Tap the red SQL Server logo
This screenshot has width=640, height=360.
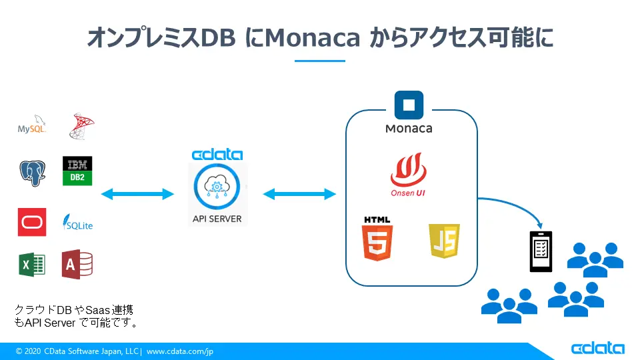pyautogui.click(x=81, y=126)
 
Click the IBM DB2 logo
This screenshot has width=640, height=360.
pyautogui.click(x=77, y=171)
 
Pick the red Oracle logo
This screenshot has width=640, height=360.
pyautogui.click(x=32, y=222)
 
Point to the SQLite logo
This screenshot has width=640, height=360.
pyautogui.click(x=77, y=223)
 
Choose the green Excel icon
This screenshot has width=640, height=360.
pyautogui.click(x=32, y=265)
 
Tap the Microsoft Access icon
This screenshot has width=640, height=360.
pyautogui.click(x=77, y=264)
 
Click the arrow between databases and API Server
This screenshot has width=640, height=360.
pyautogui.click(x=137, y=194)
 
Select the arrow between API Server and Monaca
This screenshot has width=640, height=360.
pyautogui.click(x=299, y=194)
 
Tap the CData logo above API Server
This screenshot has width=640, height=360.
pyautogui.click(x=217, y=155)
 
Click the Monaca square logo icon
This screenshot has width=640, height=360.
pyautogui.click(x=409, y=106)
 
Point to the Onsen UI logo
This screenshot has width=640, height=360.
pyautogui.click(x=408, y=175)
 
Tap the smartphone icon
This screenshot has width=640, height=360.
pyautogui.click(x=541, y=251)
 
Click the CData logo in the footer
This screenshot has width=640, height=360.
pyautogui.click(x=597, y=349)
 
